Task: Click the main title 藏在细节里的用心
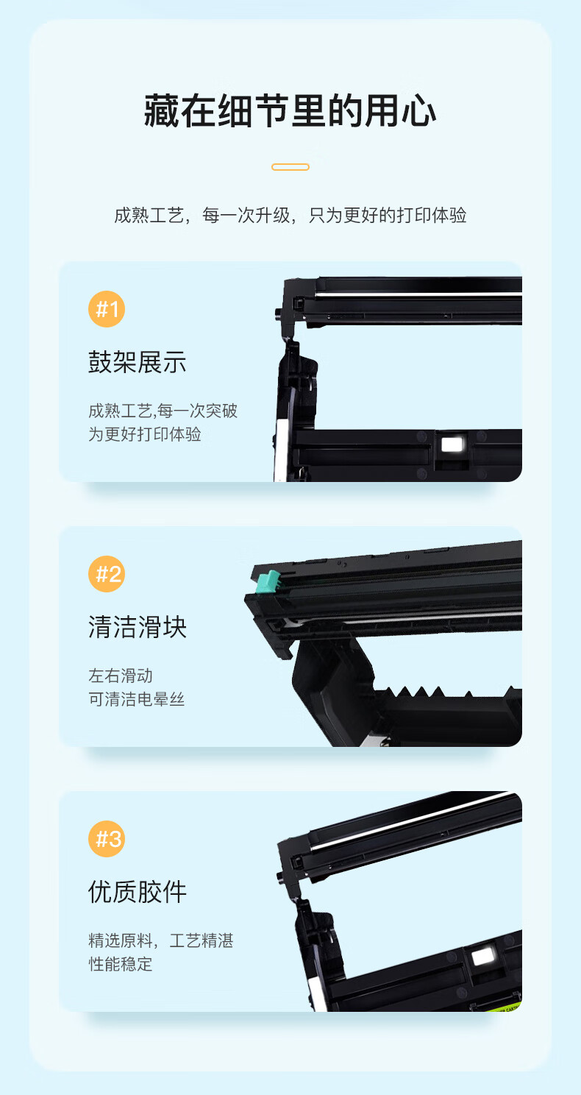click(290, 111)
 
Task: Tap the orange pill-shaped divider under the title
click(290, 167)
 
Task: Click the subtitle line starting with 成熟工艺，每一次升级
click(290, 215)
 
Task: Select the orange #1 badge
click(107, 309)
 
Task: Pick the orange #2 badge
click(107, 574)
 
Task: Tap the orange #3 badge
click(107, 839)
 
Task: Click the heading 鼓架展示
click(138, 362)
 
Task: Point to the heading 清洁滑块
click(138, 627)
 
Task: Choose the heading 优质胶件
click(138, 892)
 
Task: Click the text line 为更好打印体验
click(145, 434)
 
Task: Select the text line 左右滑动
click(121, 676)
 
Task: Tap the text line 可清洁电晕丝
click(136, 699)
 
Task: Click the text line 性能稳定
click(121, 964)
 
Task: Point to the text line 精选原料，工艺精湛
click(161, 940)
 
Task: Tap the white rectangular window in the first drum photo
click(452, 444)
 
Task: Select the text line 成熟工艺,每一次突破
click(163, 411)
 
